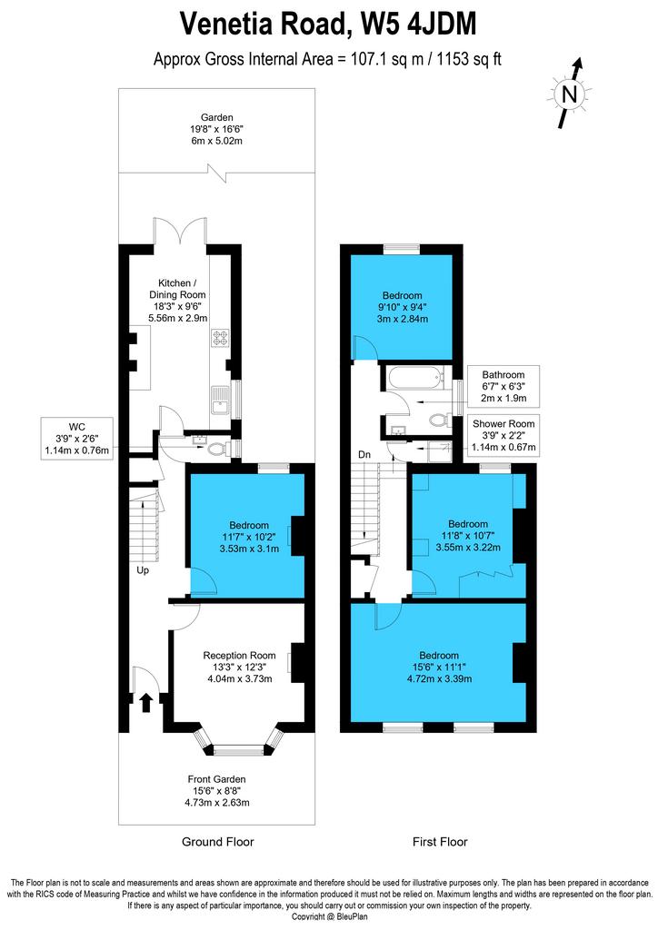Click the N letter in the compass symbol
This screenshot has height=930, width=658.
(x=569, y=94)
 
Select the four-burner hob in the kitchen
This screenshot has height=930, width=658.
(x=220, y=338)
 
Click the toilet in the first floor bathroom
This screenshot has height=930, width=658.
(x=438, y=420)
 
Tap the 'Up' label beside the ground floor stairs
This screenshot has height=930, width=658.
(x=143, y=570)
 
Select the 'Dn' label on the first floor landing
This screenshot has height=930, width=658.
(x=364, y=454)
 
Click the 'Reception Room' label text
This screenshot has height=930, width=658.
(x=240, y=656)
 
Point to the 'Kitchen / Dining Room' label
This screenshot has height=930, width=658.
(x=178, y=289)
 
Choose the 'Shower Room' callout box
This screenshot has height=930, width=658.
(x=503, y=435)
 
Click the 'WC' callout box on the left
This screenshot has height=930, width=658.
(x=77, y=439)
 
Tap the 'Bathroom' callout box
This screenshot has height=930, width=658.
(x=503, y=386)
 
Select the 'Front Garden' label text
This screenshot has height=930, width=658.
(x=216, y=779)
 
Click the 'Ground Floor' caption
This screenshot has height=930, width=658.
(x=218, y=842)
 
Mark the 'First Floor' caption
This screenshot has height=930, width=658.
(x=440, y=842)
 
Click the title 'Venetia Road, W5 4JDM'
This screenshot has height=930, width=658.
(x=328, y=25)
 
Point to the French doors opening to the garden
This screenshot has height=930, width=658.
(x=180, y=232)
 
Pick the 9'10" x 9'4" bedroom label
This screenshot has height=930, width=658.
(x=403, y=307)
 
